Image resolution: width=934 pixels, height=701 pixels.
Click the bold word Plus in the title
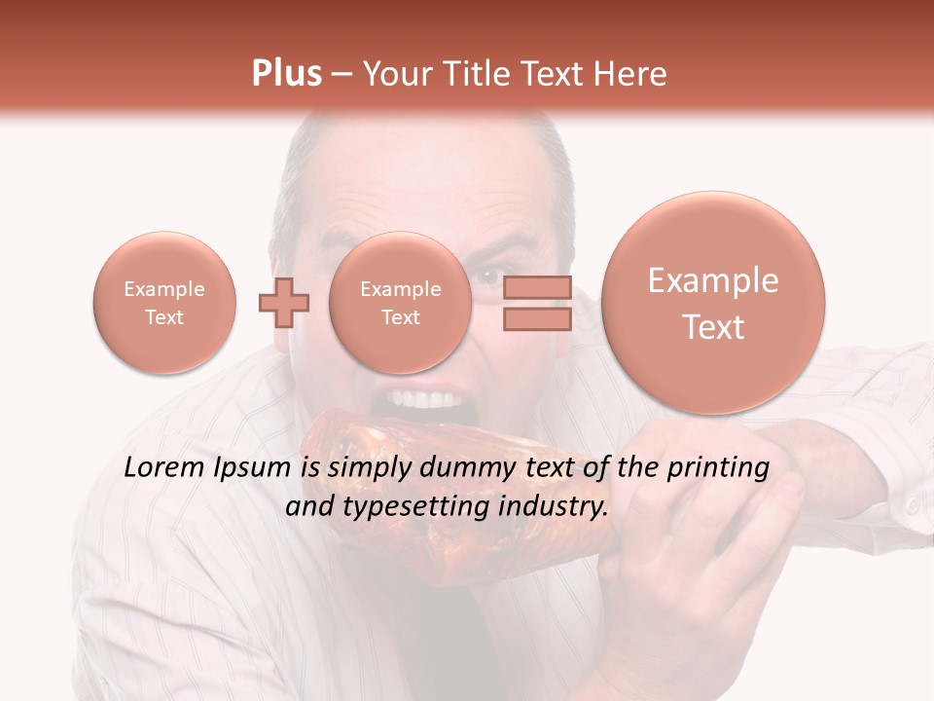[x=286, y=73]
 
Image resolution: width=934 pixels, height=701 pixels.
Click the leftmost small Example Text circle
[x=164, y=303]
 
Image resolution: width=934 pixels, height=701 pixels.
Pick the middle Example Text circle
[x=400, y=303]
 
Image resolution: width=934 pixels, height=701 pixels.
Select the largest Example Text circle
[x=713, y=303]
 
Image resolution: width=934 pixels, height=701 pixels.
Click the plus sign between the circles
[x=283, y=303]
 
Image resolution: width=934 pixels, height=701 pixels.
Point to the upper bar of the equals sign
[x=537, y=287]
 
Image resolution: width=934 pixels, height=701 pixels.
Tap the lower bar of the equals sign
[x=537, y=318]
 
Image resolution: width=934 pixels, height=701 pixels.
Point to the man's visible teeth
[x=424, y=400]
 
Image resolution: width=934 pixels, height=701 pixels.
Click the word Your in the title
[x=394, y=73]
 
